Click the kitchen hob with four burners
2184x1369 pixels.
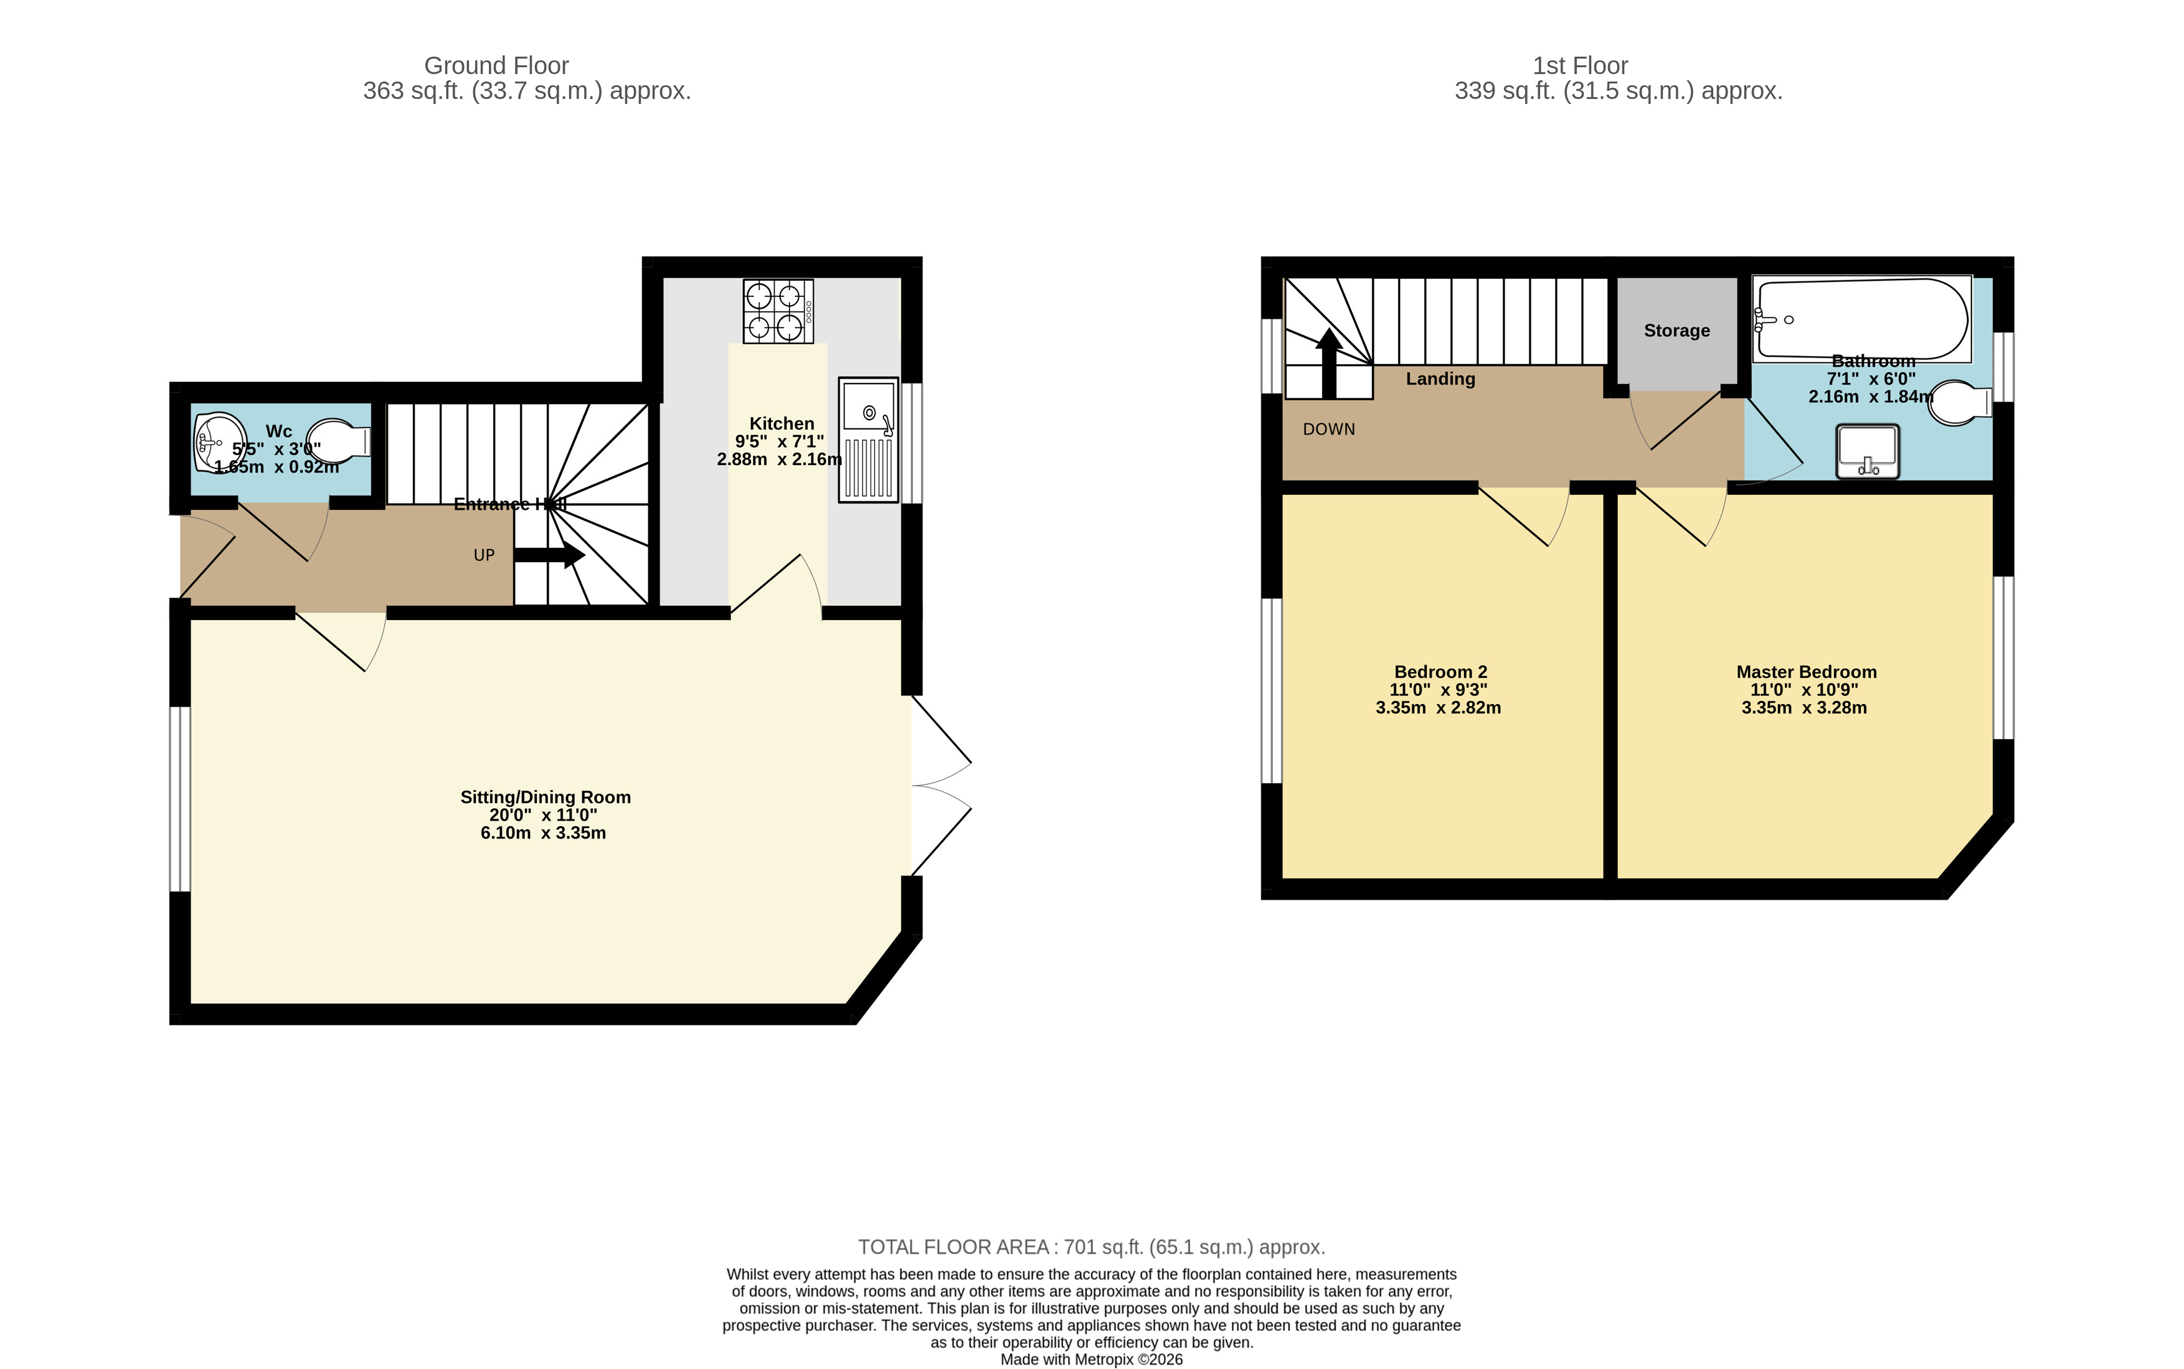click(x=778, y=311)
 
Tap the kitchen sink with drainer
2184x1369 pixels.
click(x=868, y=440)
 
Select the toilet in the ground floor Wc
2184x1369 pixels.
click(x=339, y=442)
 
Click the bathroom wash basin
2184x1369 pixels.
click(x=1867, y=451)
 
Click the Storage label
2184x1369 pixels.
click(x=1676, y=331)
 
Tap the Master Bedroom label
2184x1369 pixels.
click(x=1805, y=672)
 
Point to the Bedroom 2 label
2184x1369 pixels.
click(x=1440, y=672)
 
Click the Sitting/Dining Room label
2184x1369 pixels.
click(x=545, y=797)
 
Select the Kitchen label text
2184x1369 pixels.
click(x=782, y=424)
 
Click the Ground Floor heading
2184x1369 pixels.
click(x=496, y=66)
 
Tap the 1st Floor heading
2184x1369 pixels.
click(x=1579, y=66)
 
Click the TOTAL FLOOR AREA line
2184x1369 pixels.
click(x=1091, y=1247)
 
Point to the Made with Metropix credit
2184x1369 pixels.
click(x=1091, y=1359)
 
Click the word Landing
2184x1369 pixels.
click(x=1440, y=379)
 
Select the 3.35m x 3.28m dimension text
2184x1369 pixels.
click(x=1803, y=708)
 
